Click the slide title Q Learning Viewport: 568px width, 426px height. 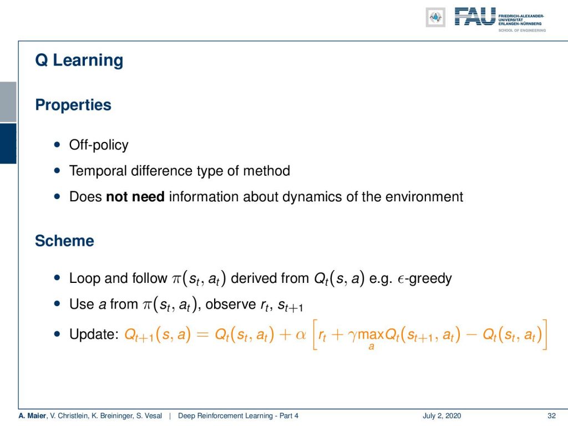point(79,60)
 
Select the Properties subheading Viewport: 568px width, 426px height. point(73,105)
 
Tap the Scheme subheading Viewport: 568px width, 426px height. point(64,241)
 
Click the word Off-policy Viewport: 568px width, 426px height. point(99,145)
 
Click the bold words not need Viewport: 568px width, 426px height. point(135,197)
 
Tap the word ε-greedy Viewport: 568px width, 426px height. point(424,279)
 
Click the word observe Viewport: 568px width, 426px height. point(231,305)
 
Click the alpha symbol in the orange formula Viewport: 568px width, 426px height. point(301,334)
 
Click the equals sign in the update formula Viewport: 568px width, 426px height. point(202,334)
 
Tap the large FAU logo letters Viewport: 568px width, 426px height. point(475,17)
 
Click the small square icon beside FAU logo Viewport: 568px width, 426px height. point(435,17)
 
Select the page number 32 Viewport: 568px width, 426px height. point(551,416)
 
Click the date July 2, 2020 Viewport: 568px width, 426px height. point(442,416)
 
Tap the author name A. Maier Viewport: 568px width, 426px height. point(32,416)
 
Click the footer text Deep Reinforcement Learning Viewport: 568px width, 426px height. point(225,416)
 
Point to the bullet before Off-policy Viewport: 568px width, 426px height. point(57,145)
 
